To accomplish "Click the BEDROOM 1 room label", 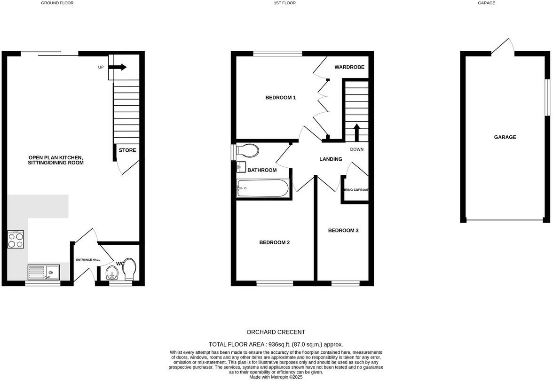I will pos(280,98).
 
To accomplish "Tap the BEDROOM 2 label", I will pos(274,242).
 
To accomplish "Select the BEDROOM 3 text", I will pos(343,230).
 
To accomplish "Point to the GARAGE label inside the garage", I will pos(505,137).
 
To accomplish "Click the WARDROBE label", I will pos(349,67).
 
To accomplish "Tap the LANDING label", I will pos(331,159).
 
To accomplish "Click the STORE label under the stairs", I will pos(127,150).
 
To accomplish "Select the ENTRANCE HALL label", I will pos(88,259).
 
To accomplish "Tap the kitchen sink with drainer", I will pos(43,272).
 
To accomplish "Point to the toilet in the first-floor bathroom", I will pos(247,151).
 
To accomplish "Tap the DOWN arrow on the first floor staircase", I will pos(356,132).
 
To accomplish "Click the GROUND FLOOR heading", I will pos(57,3).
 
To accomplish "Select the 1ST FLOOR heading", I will pos(284,3).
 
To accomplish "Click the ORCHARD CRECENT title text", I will pos(276,332).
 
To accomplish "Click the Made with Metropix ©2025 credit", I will pos(276,377).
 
